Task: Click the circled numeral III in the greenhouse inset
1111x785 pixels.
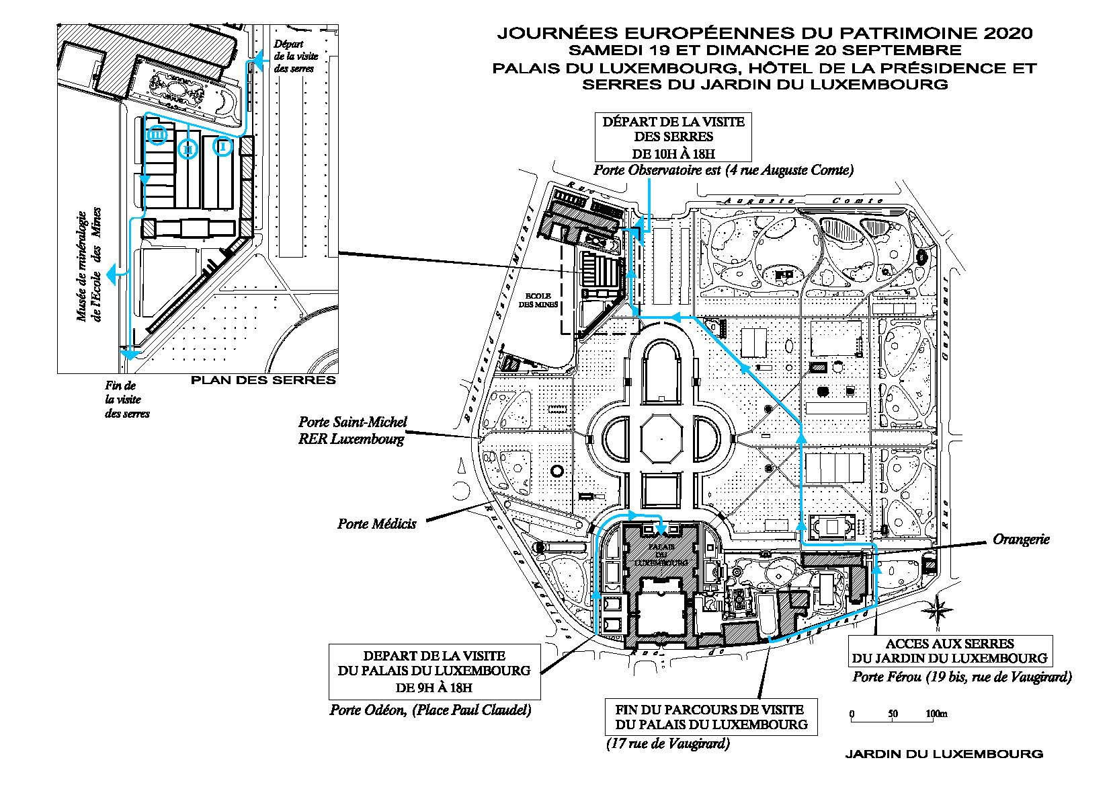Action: pos(157,135)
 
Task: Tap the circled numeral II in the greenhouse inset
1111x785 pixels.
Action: pos(189,147)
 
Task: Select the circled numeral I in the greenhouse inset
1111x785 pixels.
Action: pos(223,145)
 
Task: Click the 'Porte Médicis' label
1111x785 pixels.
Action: pos(376,523)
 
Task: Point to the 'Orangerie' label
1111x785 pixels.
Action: pos(1020,539)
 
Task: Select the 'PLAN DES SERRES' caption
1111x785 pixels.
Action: pos(263,381)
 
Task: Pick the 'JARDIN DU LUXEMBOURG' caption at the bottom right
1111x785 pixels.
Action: pos(944,754)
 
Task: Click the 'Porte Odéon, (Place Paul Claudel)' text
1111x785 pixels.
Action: pos(430,710)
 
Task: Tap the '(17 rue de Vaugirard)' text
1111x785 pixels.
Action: pos(668,744)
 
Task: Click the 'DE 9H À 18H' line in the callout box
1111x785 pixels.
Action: pos(434,687)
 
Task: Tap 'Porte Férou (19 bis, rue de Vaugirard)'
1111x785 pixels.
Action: pos(962,677)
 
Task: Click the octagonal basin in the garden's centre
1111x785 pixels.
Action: pos(661,440)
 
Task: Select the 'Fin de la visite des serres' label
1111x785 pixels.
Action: pos(127,400)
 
